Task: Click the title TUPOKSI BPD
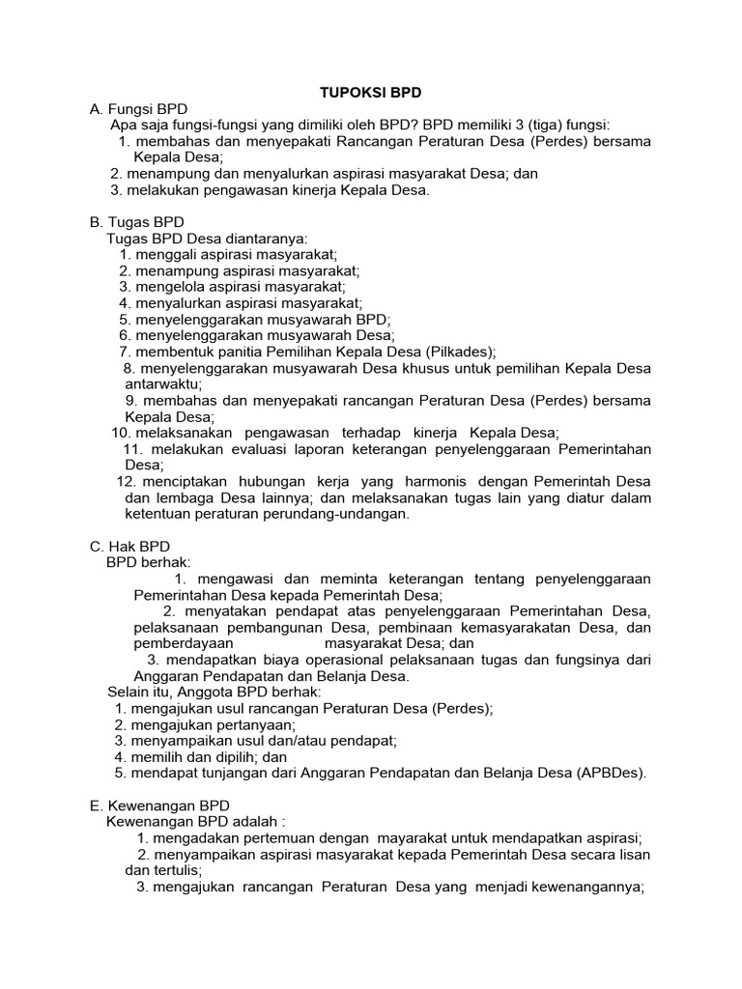pyautogui.click(x=371, y=92)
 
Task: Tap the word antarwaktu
pyautogui.click(x=163, y=383)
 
